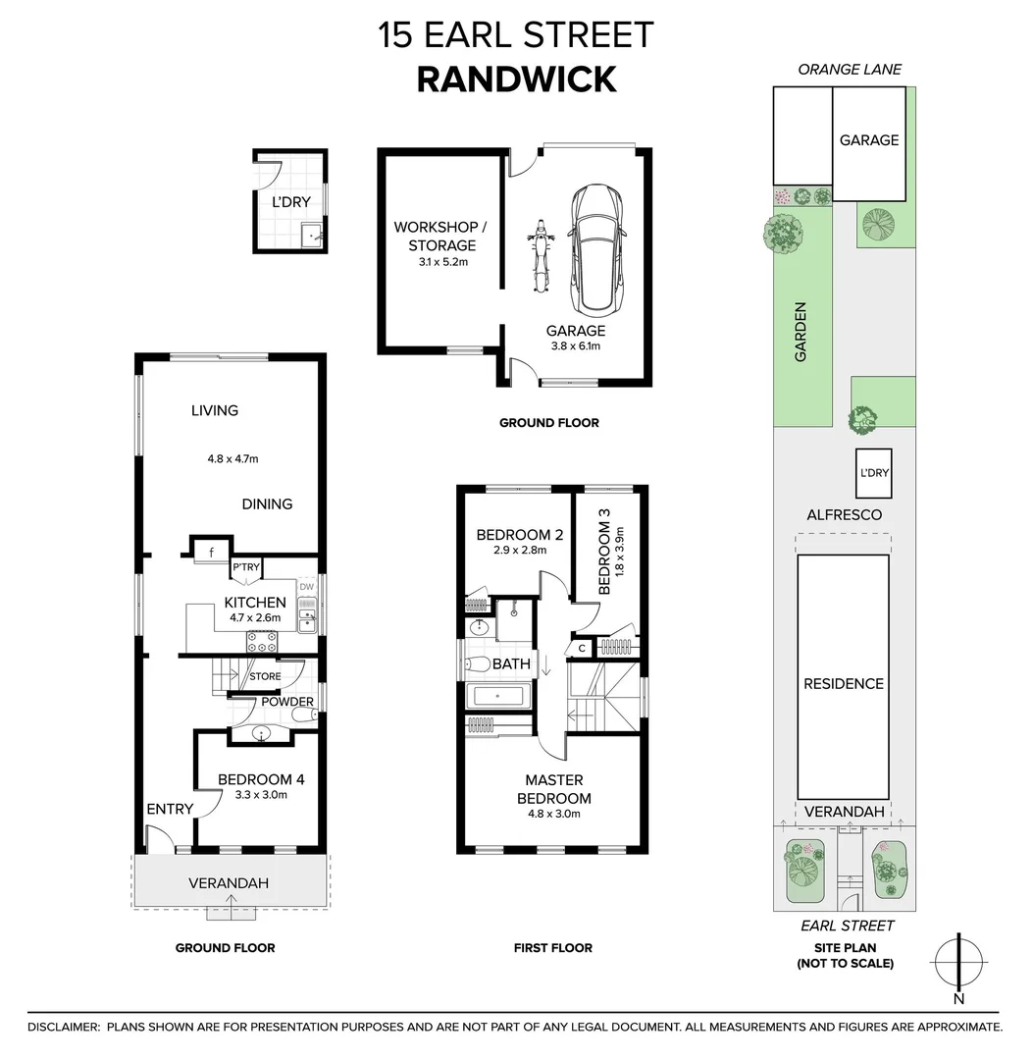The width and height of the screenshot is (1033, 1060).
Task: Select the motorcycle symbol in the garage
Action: tap(539, 256)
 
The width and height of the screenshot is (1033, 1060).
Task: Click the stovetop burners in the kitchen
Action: tap(262, 642)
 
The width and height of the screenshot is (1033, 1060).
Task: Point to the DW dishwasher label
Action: tap(307, 587)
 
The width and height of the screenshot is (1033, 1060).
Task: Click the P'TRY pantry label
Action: tap(244, 568)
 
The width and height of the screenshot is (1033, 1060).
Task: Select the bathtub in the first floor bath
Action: tap(496, 696)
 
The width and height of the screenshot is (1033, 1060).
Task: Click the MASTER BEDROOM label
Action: tap(554, 789)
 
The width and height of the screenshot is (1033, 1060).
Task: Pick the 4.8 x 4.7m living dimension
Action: tap(232, 457)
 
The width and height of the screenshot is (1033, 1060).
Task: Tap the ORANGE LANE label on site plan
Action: tap(850, 69)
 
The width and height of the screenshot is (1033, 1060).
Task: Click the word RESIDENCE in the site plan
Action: tap(844, 683)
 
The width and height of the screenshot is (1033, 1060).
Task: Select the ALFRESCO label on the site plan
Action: tap(844, 514)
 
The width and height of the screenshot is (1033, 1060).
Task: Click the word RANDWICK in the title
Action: tap(516, 79)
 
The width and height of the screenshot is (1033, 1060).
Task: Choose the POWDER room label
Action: tap(287, 701)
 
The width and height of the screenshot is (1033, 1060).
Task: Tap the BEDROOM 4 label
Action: tap(261, 779)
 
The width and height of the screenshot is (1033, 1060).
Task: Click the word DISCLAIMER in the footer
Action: tap(64, 1027)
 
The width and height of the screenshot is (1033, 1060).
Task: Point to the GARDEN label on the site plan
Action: tap(801, 332)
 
